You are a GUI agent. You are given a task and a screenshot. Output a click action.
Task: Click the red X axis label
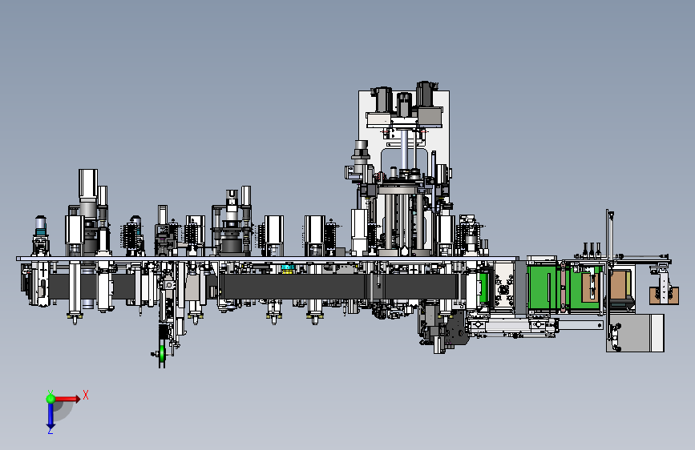click(x=86, y=395)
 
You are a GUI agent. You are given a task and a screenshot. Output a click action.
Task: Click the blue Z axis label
click(x=51, y=431)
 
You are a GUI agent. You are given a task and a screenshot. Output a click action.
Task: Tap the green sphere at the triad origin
click(x=51, y=399)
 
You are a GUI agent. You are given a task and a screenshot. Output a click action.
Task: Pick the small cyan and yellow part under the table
click(x=288, y=267)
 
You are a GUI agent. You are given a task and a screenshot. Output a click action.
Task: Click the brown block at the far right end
click(x=664, y=295)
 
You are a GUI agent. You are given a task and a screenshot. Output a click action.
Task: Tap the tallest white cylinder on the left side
click(x=88, y=183)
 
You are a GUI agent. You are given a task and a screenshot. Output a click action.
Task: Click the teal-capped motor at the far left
click(x=40, y=225)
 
